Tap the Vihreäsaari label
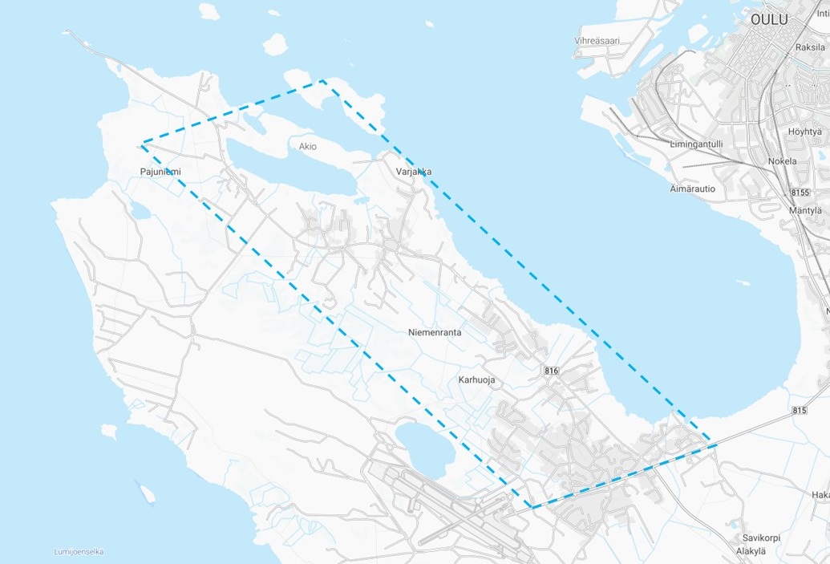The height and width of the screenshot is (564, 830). [x=597, y=41]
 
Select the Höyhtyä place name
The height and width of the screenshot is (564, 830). [x=805, y=132]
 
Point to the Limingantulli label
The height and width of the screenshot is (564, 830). [x=696, y=144]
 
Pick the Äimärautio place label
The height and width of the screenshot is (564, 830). [x=692, y=189]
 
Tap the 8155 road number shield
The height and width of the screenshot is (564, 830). [x=801, y=193]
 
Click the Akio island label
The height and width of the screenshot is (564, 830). [x=307, y=147]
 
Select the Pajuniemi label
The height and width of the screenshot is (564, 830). [x=160, y=172]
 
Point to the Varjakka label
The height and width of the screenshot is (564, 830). [x=414, y=172]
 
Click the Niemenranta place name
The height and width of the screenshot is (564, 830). [x=435, y=332]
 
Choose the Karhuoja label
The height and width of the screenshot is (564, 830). [x=477, y=379]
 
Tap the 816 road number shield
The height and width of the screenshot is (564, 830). [x=550, y=370]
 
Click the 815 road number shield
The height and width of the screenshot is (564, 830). [x=799, y=410]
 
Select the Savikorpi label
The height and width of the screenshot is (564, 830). [x=761, y=538]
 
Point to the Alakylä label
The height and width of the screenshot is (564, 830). [x=751, y=551]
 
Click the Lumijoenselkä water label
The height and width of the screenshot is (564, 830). [x=79, y=551]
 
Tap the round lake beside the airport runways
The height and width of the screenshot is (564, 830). [x=424, y=448]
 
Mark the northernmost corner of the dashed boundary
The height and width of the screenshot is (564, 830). [x=322, y=80]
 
